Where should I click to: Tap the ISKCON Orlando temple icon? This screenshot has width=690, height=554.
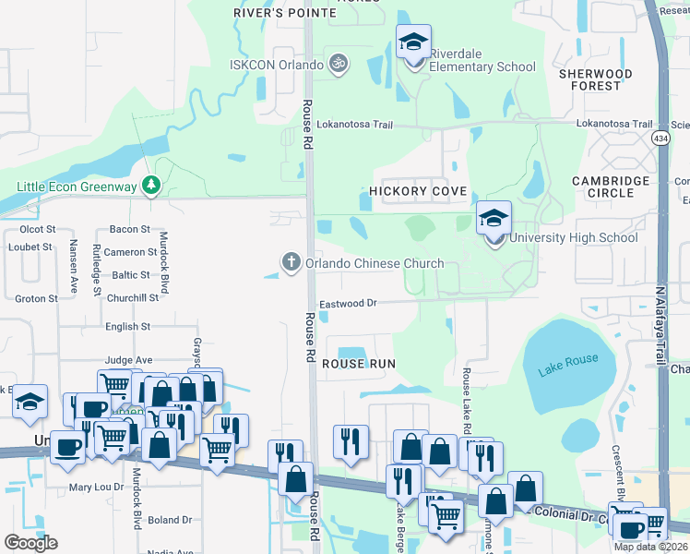(339, 65)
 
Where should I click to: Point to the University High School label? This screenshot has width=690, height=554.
(573, 237)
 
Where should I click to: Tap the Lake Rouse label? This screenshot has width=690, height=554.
(568, 359)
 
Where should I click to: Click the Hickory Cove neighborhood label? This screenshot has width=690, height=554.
(419, 191)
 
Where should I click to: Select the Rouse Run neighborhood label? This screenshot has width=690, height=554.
(359, 364)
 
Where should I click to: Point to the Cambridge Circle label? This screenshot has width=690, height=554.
(611, 187)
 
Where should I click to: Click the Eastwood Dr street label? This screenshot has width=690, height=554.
(349, 303)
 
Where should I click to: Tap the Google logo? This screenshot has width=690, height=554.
(30, 543)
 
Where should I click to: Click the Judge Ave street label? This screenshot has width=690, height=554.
(128, 360)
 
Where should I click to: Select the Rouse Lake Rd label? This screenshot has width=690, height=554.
(467, 400)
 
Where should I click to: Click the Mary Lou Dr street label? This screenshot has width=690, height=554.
(97, 487)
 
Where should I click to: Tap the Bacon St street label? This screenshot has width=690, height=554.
(129, 229)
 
